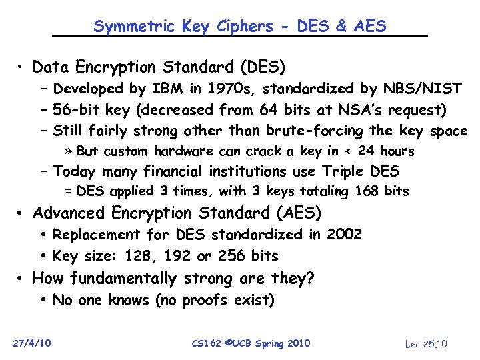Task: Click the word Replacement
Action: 96,235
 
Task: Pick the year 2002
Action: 344,235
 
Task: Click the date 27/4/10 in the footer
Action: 33,343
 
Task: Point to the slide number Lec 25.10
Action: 427,344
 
